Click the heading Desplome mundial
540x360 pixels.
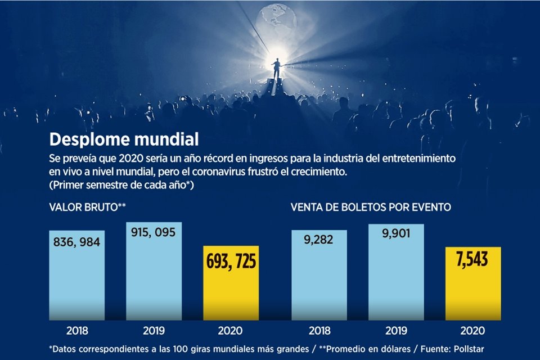[124, 138]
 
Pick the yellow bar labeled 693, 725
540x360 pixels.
[231, 287]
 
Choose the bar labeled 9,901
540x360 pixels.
[396, 276]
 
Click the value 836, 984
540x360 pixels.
[76, 242]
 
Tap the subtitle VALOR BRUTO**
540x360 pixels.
[87, 208]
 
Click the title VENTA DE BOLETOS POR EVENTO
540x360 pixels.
[371, 208]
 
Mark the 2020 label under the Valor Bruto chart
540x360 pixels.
[231, 330]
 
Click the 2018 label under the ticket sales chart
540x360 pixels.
[318, 330]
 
